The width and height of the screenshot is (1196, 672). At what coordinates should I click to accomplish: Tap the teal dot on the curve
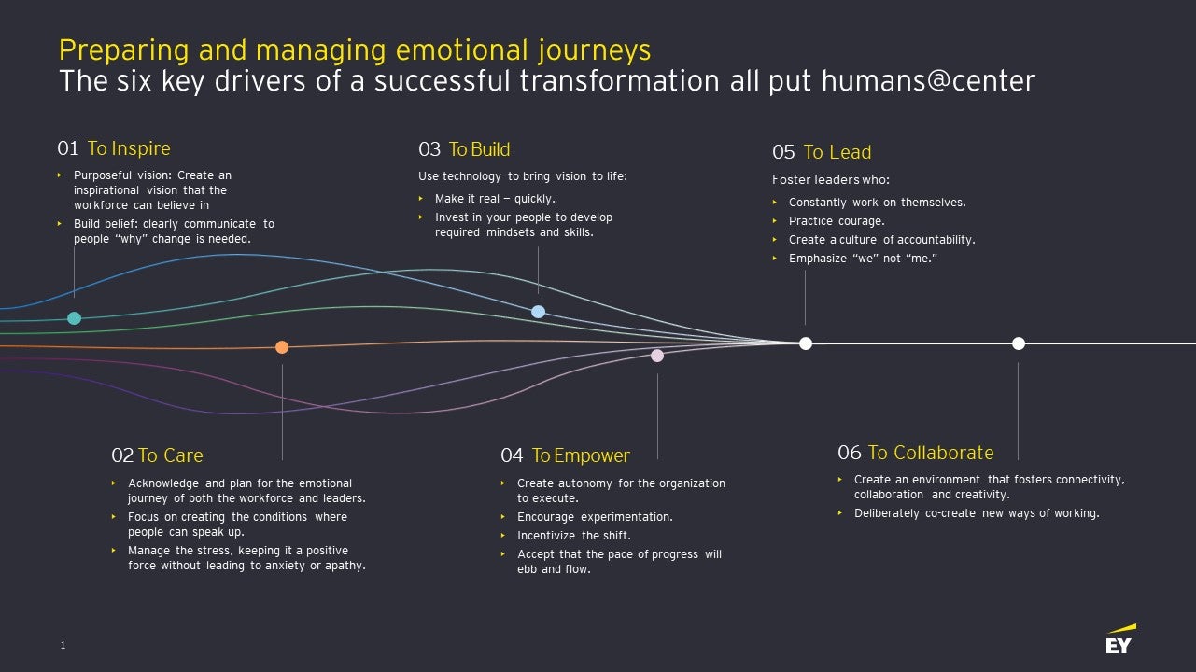75,318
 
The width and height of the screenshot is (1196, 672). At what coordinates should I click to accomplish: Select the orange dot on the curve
282,347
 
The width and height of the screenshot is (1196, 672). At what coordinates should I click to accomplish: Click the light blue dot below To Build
538,312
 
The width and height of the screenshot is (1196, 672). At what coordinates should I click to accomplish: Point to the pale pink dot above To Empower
657,356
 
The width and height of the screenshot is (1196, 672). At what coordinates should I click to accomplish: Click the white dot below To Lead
806,343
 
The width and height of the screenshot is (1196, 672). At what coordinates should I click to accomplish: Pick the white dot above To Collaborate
1019,343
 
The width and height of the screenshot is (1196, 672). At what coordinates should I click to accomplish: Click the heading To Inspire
129,148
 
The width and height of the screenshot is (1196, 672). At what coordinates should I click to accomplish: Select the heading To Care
170,455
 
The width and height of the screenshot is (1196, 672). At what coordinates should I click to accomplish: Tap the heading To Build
479,149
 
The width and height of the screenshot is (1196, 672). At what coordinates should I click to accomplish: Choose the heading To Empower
581,455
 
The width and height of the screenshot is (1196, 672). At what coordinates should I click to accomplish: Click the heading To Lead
837,152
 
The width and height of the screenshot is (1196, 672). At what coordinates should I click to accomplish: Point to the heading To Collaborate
930,453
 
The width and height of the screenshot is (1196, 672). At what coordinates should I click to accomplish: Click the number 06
849,453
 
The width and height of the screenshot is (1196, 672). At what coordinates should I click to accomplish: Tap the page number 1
63,645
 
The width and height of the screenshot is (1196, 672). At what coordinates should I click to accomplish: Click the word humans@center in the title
928,81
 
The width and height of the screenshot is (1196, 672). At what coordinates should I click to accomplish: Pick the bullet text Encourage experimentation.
595,517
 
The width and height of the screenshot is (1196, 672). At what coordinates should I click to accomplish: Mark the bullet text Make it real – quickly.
495,199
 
